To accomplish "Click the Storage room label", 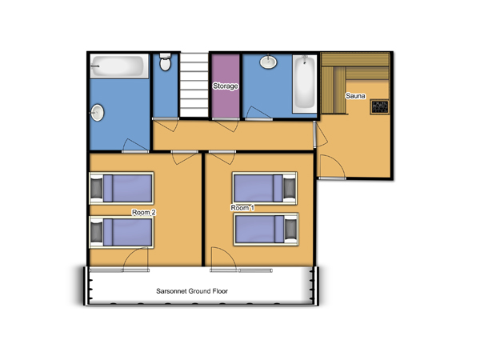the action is coord(226,86).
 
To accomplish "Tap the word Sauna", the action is coord(355,96).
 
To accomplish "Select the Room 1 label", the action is coord(242,208).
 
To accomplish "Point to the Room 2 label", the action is coord(143,212).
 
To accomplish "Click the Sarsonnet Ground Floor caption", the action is coord(192,291).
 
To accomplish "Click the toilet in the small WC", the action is coord(166,62).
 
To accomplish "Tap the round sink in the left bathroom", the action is coord(97,113).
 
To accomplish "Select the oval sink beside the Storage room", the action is coord(269,62).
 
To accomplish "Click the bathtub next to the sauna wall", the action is coord(305,83).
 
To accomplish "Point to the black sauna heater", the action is coord(379,107).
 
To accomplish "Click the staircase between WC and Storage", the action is coord(194,85).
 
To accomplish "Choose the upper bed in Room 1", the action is coord(265,188).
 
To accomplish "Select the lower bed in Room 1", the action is coord(266,230).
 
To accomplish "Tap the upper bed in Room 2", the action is coord(122,188).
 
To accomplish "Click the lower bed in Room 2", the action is coord(122,232).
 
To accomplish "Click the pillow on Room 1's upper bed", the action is coord(290,188).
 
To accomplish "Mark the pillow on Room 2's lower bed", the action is coord(97,232).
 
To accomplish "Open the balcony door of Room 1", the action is coord(224,258).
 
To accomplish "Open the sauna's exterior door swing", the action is coord(333,166).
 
